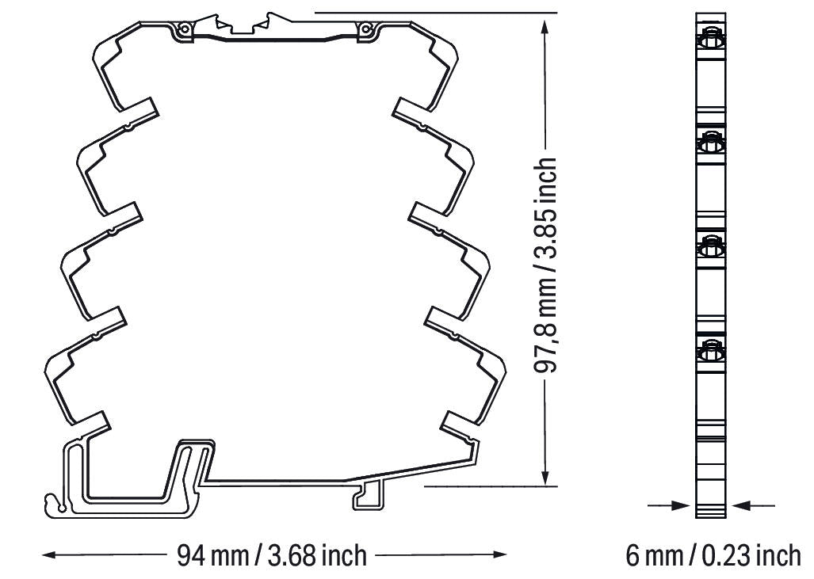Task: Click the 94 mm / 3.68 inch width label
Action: [272, 556]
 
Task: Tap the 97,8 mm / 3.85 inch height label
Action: [545, 265]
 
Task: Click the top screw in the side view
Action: [711, 40]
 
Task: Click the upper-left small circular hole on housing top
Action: [183, 29]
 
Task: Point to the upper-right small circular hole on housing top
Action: [366, 29]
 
